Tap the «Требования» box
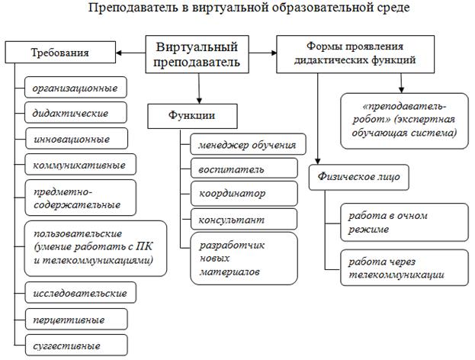[59, 53]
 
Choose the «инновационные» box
[75, 139]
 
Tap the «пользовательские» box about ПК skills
[95, 246]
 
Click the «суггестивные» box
[75, 346]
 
